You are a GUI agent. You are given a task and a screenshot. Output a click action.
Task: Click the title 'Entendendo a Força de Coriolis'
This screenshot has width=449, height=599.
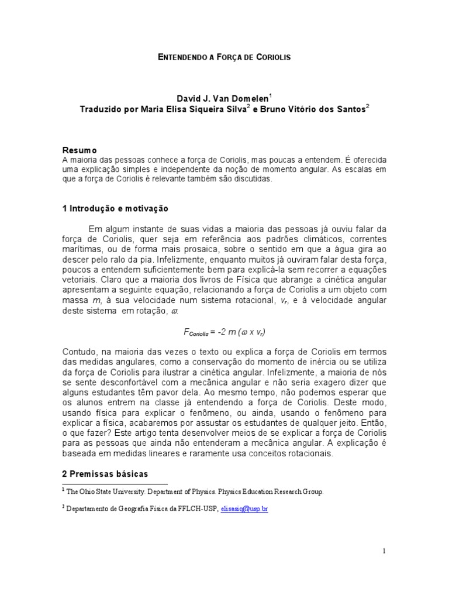pos(224,57)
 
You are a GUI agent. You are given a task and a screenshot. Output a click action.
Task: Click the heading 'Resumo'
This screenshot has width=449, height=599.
pos(80,150)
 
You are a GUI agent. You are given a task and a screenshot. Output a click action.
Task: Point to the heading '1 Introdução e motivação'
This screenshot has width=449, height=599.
pos(115,208)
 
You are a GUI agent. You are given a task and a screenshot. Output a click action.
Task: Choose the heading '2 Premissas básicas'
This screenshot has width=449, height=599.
pos(105,473)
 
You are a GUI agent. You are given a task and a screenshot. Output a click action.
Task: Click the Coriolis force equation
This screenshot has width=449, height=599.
pos(224,332)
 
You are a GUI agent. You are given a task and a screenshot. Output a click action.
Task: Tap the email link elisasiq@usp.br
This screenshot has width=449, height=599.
pos(244,510)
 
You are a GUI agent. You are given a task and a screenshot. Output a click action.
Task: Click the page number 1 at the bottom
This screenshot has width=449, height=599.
pos(384,550)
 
